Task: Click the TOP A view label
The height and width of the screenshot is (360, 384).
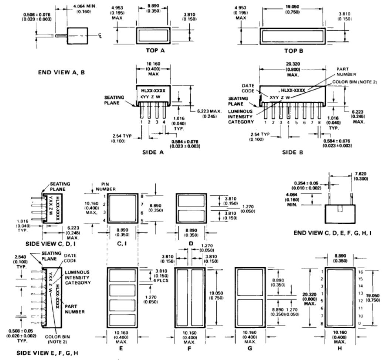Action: pos(155,51)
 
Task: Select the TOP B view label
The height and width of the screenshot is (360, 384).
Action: pos(293,51)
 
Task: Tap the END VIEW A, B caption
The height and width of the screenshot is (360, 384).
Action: pos(61,73)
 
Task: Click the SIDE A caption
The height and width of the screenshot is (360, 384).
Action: pos(153,152)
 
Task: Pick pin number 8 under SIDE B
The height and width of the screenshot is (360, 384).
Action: pos(319,122)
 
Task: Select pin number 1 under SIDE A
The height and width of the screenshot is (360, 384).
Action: pos(142,122)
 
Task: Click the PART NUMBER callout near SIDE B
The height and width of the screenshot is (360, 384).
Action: pos(346,72)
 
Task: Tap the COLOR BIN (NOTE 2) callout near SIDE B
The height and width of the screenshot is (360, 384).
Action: pos(354,82)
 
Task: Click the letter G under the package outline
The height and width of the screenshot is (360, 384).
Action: pos(250,348)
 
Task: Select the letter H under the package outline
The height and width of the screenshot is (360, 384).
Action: pos(339,348)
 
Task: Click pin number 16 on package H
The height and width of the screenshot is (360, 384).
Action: pos(360,272)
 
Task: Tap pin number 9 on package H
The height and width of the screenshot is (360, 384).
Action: pos(360,323)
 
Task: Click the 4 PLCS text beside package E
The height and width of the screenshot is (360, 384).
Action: pos(161,280)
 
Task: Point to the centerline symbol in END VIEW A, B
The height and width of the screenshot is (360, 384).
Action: pos(100,36)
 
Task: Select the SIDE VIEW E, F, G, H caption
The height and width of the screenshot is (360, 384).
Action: pos(47,353)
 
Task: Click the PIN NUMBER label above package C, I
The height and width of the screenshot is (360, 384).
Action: pos(106,186)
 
